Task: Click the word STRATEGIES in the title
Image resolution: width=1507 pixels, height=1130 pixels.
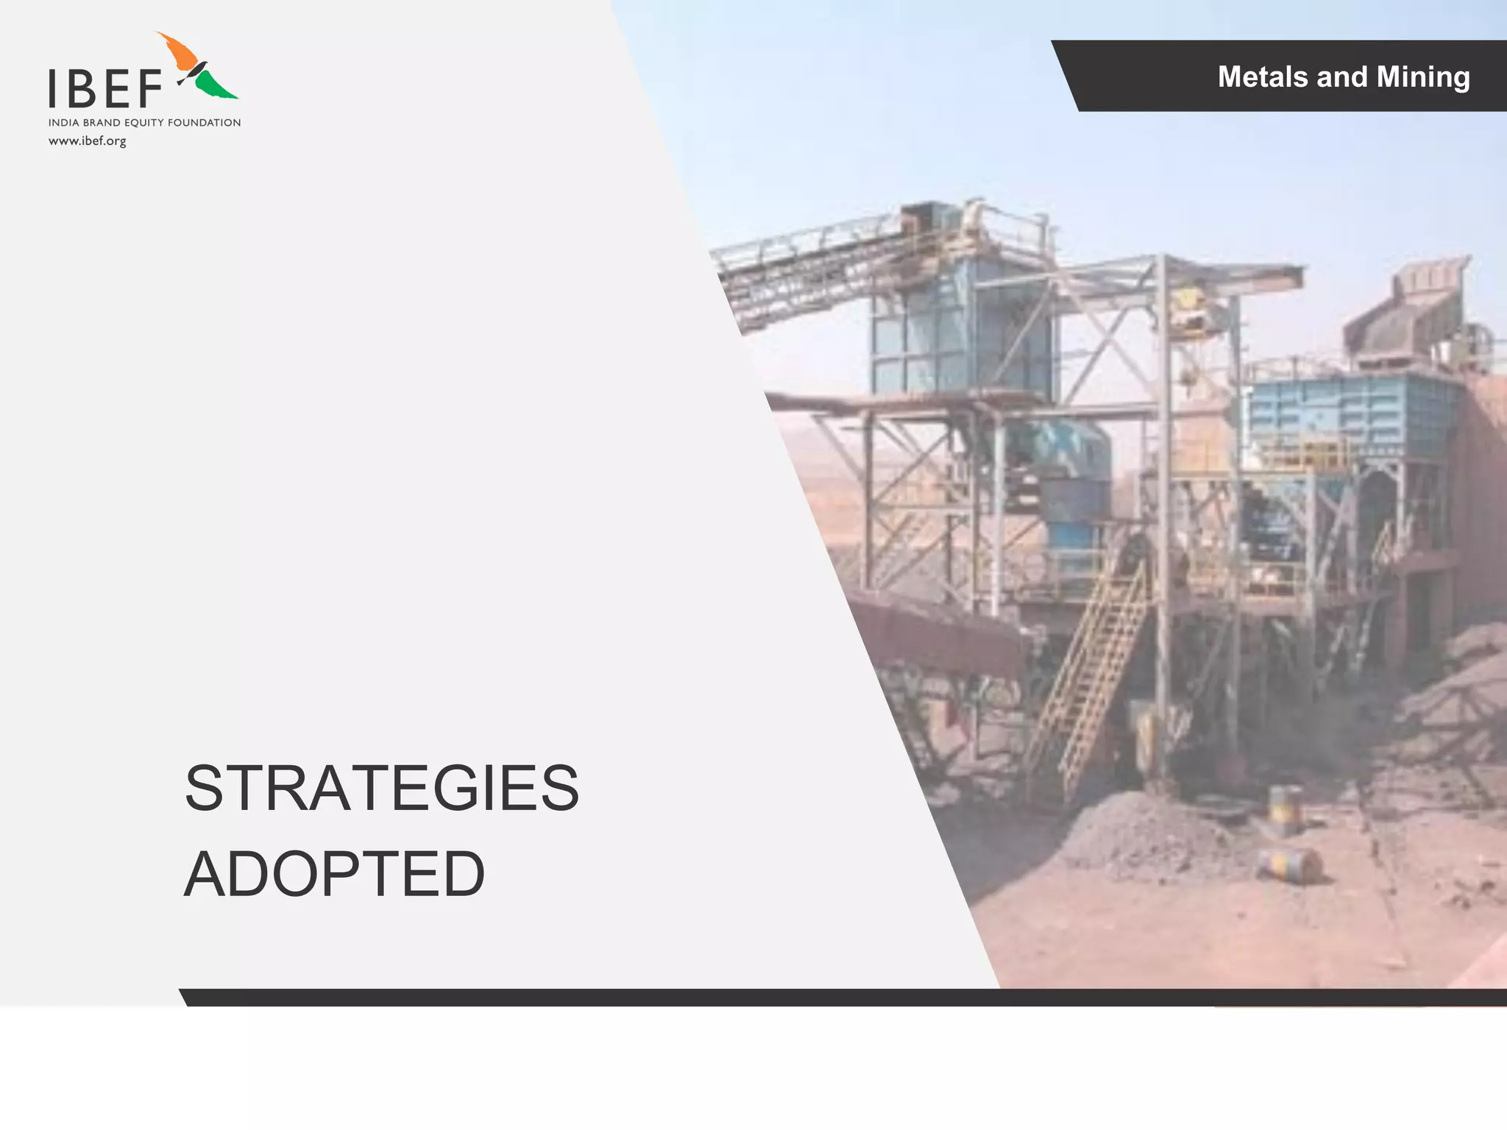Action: pos(381,789)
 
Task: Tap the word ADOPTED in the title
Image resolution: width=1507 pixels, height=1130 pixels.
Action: pos(334,875)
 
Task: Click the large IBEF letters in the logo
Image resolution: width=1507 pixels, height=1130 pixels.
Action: pos(106,88)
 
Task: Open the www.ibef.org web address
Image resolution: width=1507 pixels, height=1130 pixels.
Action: pos(88,141)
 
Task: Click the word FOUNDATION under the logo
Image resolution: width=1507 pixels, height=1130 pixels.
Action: pos(204,123)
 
